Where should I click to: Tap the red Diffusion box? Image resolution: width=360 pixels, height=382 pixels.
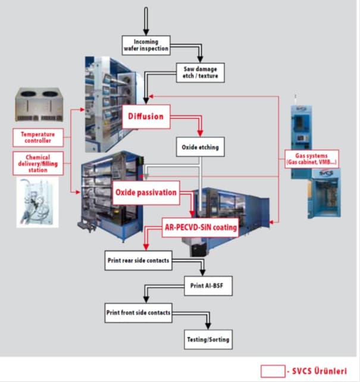coord(146,116)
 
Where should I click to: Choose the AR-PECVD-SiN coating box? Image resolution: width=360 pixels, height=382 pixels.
coord(199,227)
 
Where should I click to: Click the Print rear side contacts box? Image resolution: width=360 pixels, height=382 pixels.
coord(137,261)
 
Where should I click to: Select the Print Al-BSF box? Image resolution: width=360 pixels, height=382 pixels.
coord(207,286)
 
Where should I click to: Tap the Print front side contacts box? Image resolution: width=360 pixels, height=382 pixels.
coord(137,312)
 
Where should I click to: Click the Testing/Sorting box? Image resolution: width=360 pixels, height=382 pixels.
coord(208,340)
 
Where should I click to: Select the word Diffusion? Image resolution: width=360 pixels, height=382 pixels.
coord(146,116)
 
